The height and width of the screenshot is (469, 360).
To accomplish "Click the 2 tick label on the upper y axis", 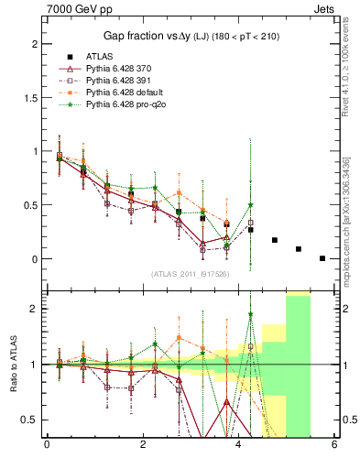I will pyautogui.click(x=34, y=43).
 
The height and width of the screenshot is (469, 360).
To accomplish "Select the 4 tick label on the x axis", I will pyautogui.click(x=238, y=444).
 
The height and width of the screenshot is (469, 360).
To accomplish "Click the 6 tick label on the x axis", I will pyautogui.click(x=334, y=444).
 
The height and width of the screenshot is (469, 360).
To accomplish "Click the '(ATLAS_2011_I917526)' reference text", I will pyautogui.click(x=189, y=274).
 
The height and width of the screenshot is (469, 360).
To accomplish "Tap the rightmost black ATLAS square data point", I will pyautogui.click(x=322, y=258).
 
